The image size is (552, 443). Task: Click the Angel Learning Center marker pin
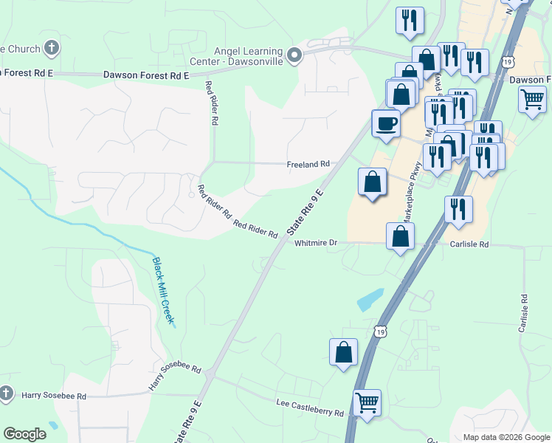click(294, 55)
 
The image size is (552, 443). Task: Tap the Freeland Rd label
click(307, 165)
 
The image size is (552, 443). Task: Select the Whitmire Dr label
click(315, 243)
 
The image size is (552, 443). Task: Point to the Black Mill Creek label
click(162, 290)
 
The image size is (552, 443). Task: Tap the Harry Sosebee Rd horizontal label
click(54, 396)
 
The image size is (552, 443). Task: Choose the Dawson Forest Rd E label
click(146, 75)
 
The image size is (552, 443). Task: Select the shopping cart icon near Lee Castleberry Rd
click(367, 402)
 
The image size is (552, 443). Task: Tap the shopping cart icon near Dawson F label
click(531, 97)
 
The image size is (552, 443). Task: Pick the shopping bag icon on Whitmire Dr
click(400, 236)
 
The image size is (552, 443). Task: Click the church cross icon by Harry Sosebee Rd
click(7, 393)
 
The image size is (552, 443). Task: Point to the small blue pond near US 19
click(369, 299)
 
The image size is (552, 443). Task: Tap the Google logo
click(24, 434)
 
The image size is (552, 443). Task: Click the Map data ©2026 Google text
click(506, 437)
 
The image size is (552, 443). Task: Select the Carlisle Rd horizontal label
click(469, 244)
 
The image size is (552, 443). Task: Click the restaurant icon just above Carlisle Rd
click(458, 209)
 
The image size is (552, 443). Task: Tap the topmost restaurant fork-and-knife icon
click(409, 19)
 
